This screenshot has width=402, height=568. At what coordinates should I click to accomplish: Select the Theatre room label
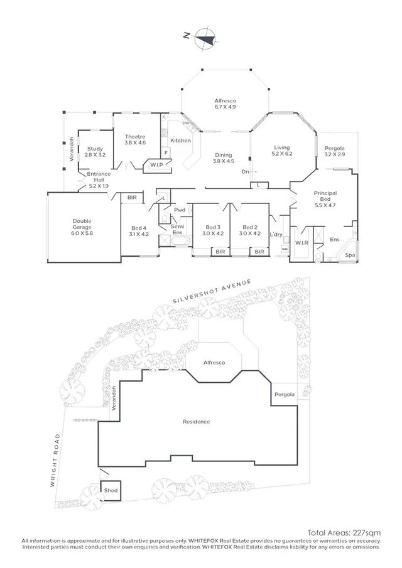pos(135,137)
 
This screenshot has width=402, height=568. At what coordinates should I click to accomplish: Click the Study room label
pos(95,149)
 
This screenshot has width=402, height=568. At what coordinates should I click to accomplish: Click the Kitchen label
pos(180,141)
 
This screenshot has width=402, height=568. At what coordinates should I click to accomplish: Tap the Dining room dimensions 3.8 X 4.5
pos(224,161)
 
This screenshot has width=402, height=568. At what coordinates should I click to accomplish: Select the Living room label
pos(281,148)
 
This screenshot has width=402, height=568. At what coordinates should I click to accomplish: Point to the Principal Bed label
pos(325,194)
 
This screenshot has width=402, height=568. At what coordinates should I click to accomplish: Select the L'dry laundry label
pos(275,234)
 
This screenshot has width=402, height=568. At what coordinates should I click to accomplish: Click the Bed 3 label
pos(213,227)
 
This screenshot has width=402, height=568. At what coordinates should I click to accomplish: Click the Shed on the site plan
pos(111,490)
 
